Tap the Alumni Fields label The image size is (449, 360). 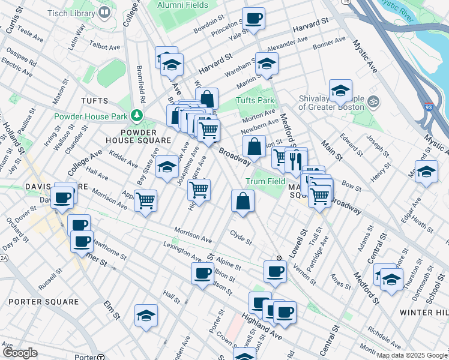182,5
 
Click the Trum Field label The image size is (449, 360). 265,181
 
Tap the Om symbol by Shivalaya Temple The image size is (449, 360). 374,100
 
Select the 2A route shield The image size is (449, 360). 4,258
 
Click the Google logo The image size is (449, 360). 20,353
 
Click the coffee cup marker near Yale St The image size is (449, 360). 253,18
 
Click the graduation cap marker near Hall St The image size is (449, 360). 146,315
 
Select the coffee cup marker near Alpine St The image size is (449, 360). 202,273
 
